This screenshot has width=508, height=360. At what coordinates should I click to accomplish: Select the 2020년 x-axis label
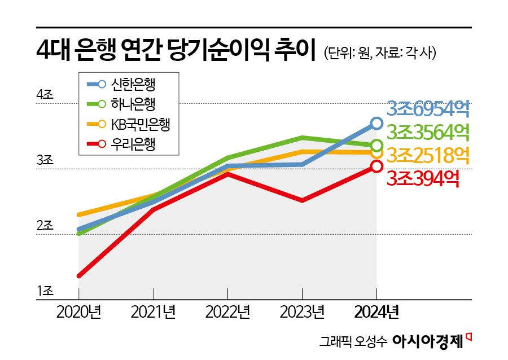(x=78, y=311)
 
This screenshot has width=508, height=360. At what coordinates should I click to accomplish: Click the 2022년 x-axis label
(x=227, y=311)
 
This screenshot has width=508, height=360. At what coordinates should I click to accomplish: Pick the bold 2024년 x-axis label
(x=376, y=311)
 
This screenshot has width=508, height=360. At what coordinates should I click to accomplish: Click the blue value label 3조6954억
(x=429, y=109)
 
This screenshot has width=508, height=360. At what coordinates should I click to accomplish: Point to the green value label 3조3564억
(x=429, y=132)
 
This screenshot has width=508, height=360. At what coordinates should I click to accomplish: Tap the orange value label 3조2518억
(x=429, y=154)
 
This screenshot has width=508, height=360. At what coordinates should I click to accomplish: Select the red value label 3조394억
(x=423, y=178)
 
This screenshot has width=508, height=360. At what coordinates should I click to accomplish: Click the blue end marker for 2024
(x=376, y=123)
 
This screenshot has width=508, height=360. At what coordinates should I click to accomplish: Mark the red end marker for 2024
(x=376, y=166)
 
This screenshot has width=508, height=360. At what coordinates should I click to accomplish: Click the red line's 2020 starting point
(x=78, y=275)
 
